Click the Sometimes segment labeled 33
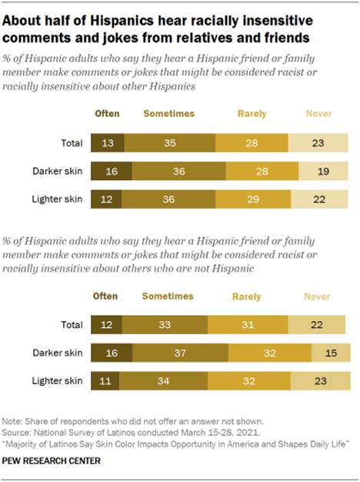click(x=164, y=326)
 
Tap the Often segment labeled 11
click(x=105, y=381)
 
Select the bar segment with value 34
click(x=164, y=381)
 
